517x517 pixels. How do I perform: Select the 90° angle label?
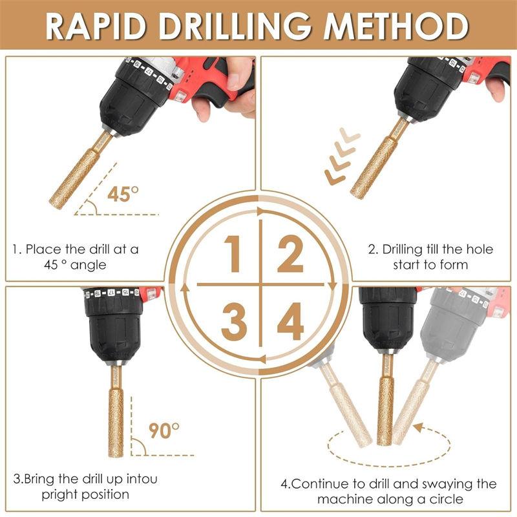(164, 430)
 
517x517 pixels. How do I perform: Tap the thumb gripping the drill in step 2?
(496, 87)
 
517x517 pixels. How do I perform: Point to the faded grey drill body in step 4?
(456, 323)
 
